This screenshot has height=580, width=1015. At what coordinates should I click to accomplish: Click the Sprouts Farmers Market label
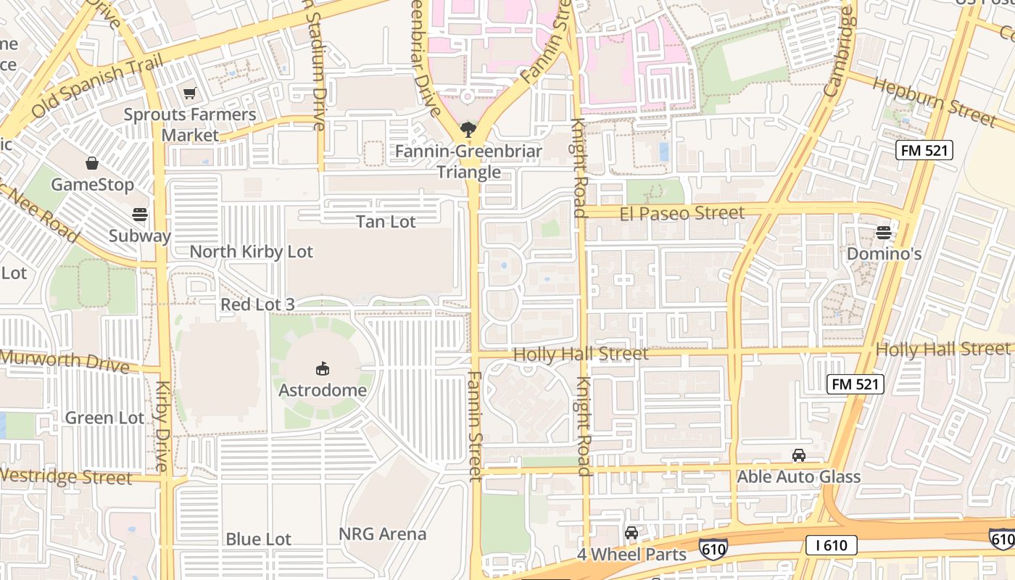(190, 125)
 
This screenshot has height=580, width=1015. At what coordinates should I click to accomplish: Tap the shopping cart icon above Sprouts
(190, 93)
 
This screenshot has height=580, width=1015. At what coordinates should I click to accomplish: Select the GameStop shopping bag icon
(92, 163)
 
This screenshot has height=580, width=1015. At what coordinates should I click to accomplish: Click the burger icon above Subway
(139, 215)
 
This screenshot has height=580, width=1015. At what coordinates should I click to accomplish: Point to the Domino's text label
(884, 254)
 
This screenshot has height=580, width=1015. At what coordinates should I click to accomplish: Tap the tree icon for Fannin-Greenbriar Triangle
(468, 130)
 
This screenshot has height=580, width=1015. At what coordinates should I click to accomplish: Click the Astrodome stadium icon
(323, 369)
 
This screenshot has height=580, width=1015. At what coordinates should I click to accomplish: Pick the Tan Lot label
(386, 222)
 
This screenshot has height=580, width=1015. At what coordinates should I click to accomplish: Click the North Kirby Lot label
(251, 252)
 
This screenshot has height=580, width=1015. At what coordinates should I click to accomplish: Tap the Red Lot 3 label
(257, 304)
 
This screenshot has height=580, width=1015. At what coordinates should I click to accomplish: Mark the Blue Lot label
(258, 539)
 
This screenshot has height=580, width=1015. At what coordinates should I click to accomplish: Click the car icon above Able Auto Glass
(798, 455)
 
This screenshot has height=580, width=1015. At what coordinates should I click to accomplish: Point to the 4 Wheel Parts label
(631, 554)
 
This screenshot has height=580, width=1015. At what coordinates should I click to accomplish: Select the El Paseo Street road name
(682, 213)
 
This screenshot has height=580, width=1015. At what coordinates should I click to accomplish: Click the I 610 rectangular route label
(831, 545)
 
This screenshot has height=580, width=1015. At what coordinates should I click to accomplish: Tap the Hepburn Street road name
(934, 101)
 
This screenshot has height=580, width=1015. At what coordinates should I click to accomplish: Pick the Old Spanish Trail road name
(94, 88)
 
